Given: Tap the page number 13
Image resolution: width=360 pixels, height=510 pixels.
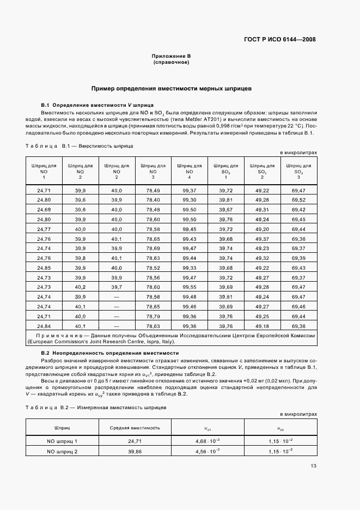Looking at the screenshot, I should (x=313, y=465).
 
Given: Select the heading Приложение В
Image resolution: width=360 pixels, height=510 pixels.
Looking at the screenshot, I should (x=171, y=56).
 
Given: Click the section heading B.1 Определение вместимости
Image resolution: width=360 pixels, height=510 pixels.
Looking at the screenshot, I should (x=98, y=105).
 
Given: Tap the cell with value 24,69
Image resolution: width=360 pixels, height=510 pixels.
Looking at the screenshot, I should (x=44, y=210).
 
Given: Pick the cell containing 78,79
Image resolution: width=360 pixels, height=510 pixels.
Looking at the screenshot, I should (x=152, y=316).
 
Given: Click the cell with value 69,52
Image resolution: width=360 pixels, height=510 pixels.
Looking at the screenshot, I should (x=298, y=200).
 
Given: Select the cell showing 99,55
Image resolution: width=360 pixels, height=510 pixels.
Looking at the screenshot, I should (x=189, y=287).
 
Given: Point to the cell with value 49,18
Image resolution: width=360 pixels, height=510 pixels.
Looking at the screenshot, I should (x=262, y=326).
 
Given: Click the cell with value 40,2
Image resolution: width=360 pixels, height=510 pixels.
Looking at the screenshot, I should (x=80, y=287).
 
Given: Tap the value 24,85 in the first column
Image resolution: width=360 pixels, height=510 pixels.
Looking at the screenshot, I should (x=44, y=268).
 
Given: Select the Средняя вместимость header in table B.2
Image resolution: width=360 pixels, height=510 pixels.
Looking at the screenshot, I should (x=131, y=429).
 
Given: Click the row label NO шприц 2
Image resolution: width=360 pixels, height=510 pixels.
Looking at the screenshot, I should (x=62, y=452).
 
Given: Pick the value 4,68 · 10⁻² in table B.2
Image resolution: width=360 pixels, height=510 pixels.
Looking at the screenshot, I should (x=208, y=441).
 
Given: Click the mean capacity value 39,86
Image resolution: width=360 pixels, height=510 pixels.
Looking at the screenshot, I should (x=131, y=452).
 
